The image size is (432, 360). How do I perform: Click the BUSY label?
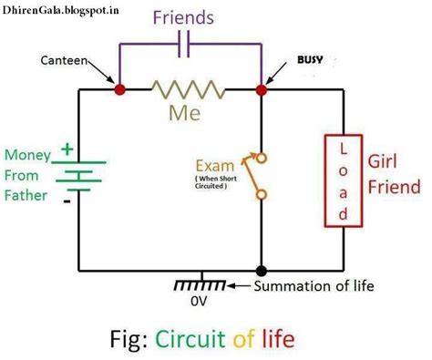310,60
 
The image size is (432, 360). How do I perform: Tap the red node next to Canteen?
118,90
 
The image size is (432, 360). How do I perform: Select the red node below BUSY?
262,90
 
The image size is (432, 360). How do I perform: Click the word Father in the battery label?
29,195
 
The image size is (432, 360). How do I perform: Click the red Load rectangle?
343,180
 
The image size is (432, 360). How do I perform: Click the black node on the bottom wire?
262,271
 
